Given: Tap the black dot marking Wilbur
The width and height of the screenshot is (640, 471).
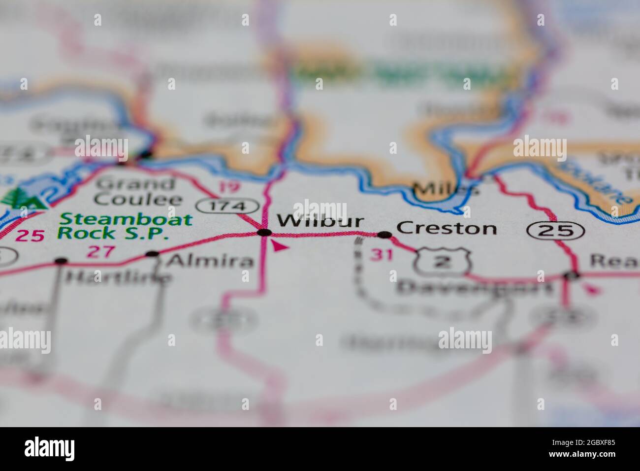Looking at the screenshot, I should pyautogui.click(x=264, y=232).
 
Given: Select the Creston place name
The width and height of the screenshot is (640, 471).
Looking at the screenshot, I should pyautogui.click(x=446, y=228).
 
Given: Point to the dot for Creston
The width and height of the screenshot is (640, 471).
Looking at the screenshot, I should pyautogui.click(x=384, y=235).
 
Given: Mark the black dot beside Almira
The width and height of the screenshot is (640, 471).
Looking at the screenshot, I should pyautogui.click(x=153, y=254).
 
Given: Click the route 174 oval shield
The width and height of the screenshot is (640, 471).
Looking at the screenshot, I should pyautogui.click(x=228, y=206).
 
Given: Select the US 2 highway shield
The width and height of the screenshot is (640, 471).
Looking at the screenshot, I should pyautogui.click(x=443, y=262).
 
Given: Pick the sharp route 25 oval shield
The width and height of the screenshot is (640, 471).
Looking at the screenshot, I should pyautogui.click(x=556, y=230).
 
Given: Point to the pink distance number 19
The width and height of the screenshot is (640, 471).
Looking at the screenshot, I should pyautogui.click(x=227, y=187).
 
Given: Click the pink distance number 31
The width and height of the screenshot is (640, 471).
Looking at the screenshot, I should pyautogui.click(x=382, y=255).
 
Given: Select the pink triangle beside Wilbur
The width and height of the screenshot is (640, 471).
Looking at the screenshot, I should pyautogui.click(x=279, y=245).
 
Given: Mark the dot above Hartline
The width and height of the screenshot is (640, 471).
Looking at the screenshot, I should pyautogui.click(x=61, y=261).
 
